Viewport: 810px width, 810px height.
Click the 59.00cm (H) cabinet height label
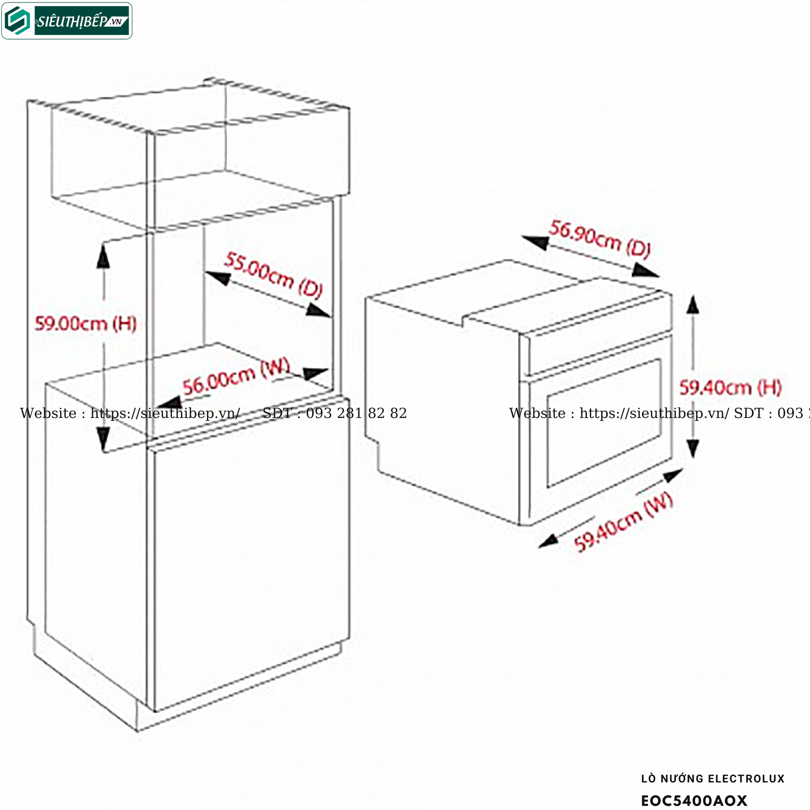(x=86, y=324)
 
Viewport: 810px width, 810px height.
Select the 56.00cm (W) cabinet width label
(x=236, y=376)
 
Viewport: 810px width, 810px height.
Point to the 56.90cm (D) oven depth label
(x=600, y=239)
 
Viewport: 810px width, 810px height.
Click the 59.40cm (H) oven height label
(x=730, y=388)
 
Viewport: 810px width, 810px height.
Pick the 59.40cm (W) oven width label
(x=623, y=522)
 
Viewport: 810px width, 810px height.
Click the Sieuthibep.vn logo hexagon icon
(x=17, y=21)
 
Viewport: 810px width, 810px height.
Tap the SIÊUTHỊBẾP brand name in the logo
(x=71, y=21)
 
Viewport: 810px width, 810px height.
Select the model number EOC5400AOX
(x=694, y=801)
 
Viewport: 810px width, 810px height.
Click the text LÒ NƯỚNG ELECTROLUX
(x=713, y=779)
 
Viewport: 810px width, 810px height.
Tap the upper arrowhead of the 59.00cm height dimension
(x=103, y=256)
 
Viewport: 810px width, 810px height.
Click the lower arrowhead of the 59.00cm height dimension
(x=103, y=439)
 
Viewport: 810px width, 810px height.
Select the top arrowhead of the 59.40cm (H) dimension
(x=693, y=305)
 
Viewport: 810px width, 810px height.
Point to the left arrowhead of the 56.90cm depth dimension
(x=535, y=242)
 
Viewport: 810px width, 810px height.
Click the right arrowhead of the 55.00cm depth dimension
(x=318, y=311)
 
